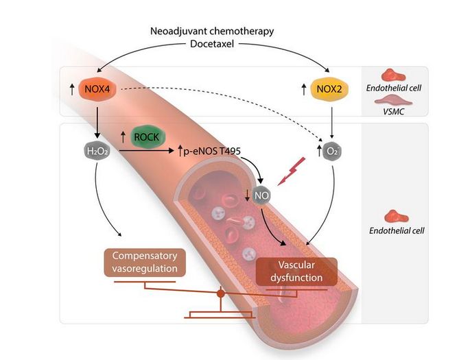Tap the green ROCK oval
(x=145, y=137)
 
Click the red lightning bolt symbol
(x=287, y=170)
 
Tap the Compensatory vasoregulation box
(x=144, y=262)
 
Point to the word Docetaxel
(x=211, y=45)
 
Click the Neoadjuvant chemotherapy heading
(x=211, y=32)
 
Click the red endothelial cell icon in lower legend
(x=395, y=215)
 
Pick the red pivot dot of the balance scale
(x=221, y=294)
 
